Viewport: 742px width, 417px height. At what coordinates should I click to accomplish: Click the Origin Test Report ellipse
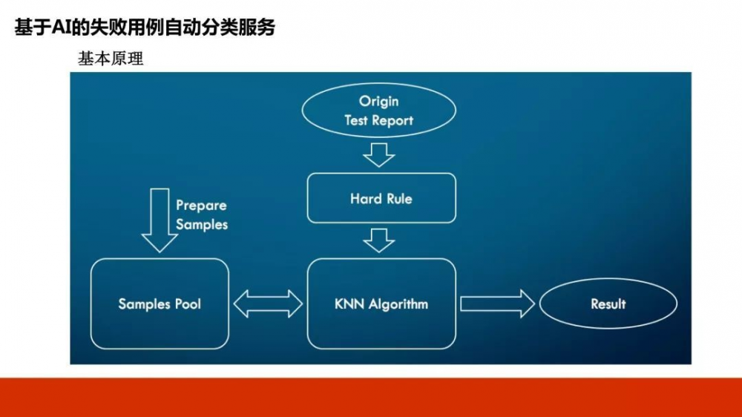tap(378, 110)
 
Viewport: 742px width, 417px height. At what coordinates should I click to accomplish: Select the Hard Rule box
tap(381, 198)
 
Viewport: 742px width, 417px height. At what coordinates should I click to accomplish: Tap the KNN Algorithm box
tap(381, 303)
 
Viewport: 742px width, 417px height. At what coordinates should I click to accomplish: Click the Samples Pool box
tap(160, 303)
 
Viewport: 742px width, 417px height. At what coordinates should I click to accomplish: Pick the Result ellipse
tap(608, 303)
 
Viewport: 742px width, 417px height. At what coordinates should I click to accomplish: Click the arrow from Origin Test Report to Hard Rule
tap(379, 154)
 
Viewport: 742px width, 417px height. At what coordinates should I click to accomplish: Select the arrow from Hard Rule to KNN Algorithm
tap(379, 240)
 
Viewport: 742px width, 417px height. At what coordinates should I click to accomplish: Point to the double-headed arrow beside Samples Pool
tap(268, 303)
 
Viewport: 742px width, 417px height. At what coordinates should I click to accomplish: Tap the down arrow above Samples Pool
tap(160, 220)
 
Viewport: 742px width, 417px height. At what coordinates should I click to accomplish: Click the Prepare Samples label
tap(201, 214)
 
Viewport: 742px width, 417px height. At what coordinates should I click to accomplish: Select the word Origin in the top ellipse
tap(378, 101)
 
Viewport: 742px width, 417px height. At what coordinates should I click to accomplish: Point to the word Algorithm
tap(398, 303)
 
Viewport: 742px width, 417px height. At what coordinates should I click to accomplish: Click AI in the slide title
tap(59, 28)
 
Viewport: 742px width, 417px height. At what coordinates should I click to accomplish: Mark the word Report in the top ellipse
tap(393, 120)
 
